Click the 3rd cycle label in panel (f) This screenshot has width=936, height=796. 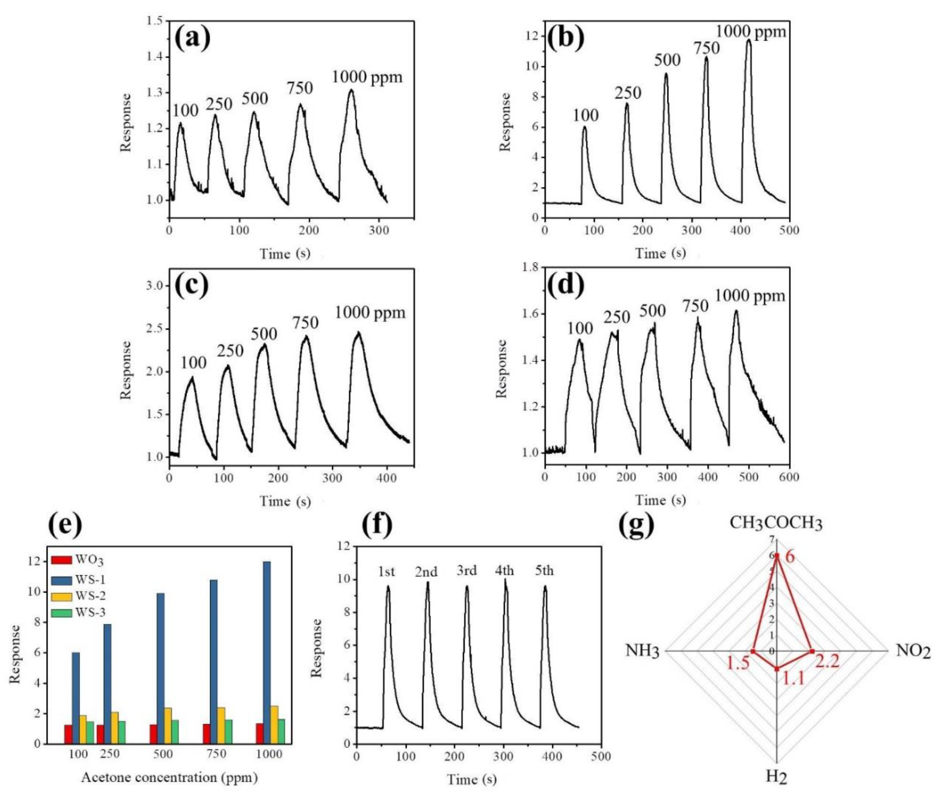point(467,571)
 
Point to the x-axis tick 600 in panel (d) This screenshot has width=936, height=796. point(789,477)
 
